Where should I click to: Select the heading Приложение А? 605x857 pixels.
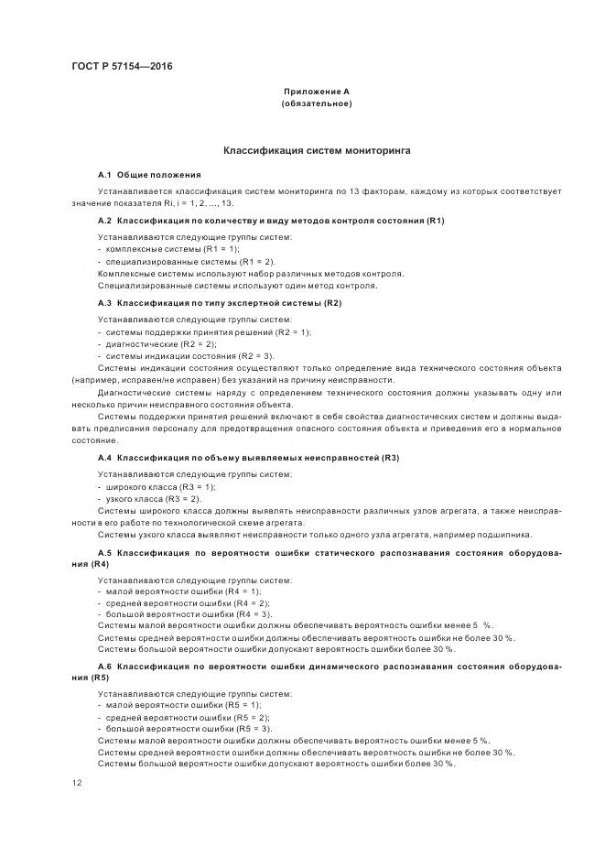(316, 92)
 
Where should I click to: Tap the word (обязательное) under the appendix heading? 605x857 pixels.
(316, 103)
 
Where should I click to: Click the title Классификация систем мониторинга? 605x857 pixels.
(317, 149)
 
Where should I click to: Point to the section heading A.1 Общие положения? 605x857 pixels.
(149, 174)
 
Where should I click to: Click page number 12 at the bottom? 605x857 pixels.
(76, 783)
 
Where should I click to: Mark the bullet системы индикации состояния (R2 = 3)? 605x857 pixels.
(189, 355)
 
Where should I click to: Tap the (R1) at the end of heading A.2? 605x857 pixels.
(435, 221)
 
